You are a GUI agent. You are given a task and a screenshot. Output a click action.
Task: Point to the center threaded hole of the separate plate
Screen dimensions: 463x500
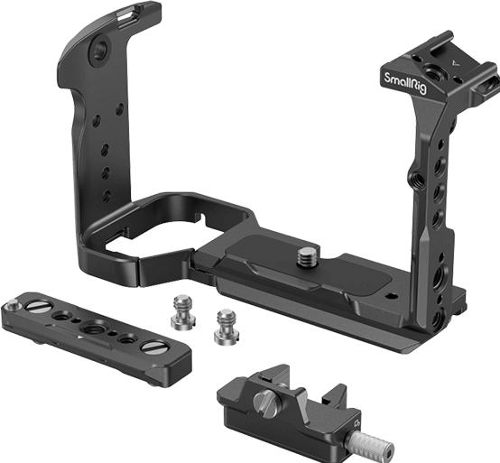click(93, 330)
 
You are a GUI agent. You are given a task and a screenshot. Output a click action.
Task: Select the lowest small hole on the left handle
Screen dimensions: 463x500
click(106, 195)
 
